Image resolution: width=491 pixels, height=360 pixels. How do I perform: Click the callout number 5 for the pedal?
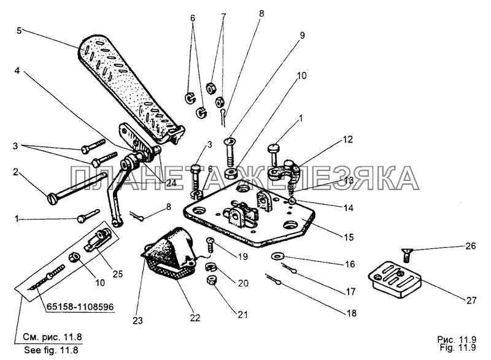tap(20, 31)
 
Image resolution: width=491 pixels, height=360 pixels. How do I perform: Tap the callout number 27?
tap(471, 301)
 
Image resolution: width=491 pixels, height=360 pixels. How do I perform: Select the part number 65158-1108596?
tap(80, 307)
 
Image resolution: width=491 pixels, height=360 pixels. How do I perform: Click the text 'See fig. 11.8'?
tap(51, 350)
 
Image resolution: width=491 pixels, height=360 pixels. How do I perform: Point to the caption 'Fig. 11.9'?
tap(457, 347)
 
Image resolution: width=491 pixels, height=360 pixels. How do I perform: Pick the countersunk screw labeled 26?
tap(406, 255)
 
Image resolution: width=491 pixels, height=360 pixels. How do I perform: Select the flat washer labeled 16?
tap(277, 256)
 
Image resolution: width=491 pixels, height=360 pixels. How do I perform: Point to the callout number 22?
tap(195, 318)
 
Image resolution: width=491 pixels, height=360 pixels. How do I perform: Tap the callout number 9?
tap(302, 36)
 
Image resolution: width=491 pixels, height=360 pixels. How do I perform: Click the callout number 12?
tap(347, 139)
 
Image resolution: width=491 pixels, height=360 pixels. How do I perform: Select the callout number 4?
tap(17, 71)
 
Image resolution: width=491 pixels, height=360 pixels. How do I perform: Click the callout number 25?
tap(117, 274)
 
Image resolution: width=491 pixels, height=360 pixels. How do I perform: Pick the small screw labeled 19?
tap(210, 245)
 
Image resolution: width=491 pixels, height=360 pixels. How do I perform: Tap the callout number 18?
tap(352, 313)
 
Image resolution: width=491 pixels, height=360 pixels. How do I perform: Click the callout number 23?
tap(137, 321)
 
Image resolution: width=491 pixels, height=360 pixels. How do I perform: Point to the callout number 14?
tap(348, 208)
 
